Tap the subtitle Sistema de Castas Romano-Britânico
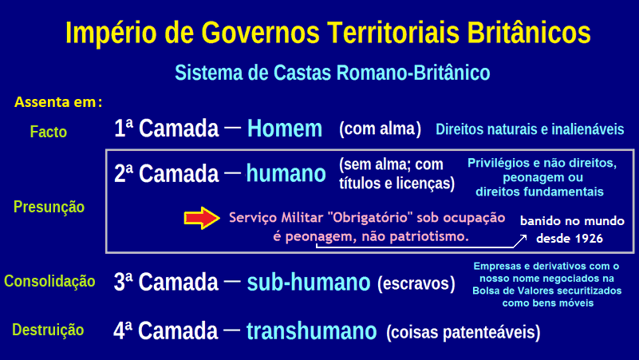332,73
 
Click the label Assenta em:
58,102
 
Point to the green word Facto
48,132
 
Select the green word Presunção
49,207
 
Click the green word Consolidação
49,281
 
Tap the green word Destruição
49,329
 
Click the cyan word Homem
284,129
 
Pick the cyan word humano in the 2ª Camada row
286,173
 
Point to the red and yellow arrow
200,218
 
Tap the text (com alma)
380,129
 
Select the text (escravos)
416,283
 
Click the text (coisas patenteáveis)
463,330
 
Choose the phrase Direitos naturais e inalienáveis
530,129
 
